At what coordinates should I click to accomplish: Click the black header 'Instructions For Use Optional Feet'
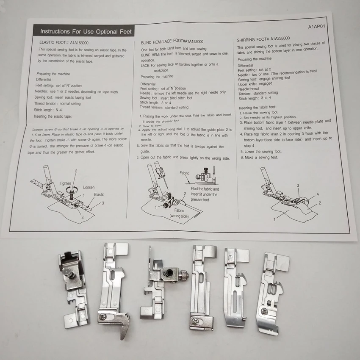[x=86, y=31]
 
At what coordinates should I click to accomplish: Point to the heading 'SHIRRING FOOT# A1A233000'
[x=269, y=39]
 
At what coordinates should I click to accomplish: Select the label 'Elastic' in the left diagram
[x=99, y=195]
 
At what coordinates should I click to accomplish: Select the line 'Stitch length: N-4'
[x=50, y=109]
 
